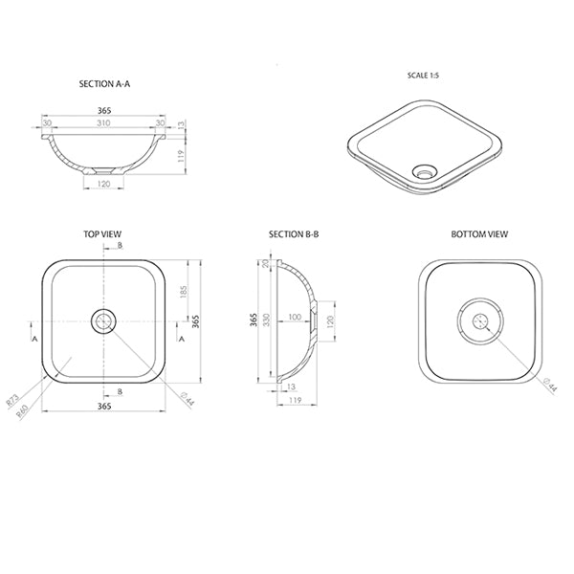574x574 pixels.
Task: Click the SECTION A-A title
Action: tap(104, 84)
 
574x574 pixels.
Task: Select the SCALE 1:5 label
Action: tap(422, 75)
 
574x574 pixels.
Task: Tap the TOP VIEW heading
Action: tap(103, 233)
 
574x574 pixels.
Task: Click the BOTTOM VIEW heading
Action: tap(479, 233)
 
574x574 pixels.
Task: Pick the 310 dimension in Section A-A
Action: tap(104, 122)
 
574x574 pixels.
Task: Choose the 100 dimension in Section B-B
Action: tap(294, 316)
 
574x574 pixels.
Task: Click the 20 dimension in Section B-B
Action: tap(266, 265)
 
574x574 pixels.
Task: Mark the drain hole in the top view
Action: tap(104, 321)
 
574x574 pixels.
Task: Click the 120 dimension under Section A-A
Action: tap(104, 183)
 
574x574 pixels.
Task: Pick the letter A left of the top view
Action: tap(34, 339)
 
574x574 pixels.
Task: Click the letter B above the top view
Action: tap(120, 246)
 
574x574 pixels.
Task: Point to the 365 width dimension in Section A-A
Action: tap(104, 110)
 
